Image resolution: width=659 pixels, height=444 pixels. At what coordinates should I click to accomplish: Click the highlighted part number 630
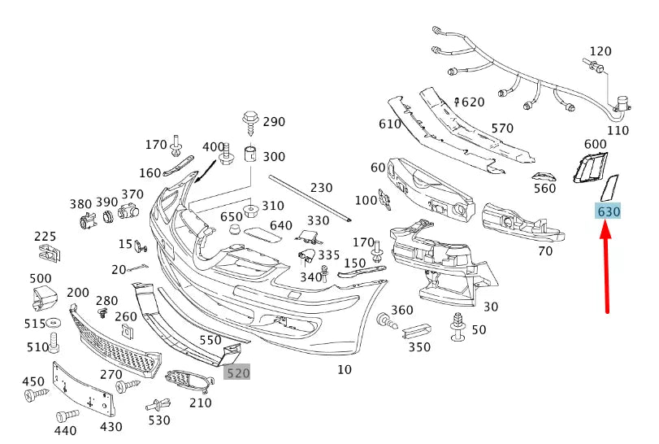tap(609, 211)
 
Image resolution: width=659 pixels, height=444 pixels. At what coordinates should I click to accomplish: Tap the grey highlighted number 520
tap(238, 372)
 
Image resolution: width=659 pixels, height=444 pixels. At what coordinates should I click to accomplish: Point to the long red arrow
tap(606, 268)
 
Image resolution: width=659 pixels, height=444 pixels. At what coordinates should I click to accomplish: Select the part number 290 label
tap(274, 122)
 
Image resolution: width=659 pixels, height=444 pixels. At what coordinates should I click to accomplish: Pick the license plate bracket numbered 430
tap(82, 389)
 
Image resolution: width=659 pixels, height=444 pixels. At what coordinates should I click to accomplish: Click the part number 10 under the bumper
tap(345, 370)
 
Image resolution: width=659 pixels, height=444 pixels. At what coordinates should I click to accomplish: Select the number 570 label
tap(502, 128)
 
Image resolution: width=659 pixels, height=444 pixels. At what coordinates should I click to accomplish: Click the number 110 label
tap(618, 129)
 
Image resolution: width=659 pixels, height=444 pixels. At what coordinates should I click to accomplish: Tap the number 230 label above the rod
tap(322, 188)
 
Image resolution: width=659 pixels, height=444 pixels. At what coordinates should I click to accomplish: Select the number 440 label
tap(66, 431)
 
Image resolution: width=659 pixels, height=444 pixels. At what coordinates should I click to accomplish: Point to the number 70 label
tap(545, 251)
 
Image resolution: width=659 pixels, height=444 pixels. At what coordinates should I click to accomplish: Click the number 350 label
tap(419, 347)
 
